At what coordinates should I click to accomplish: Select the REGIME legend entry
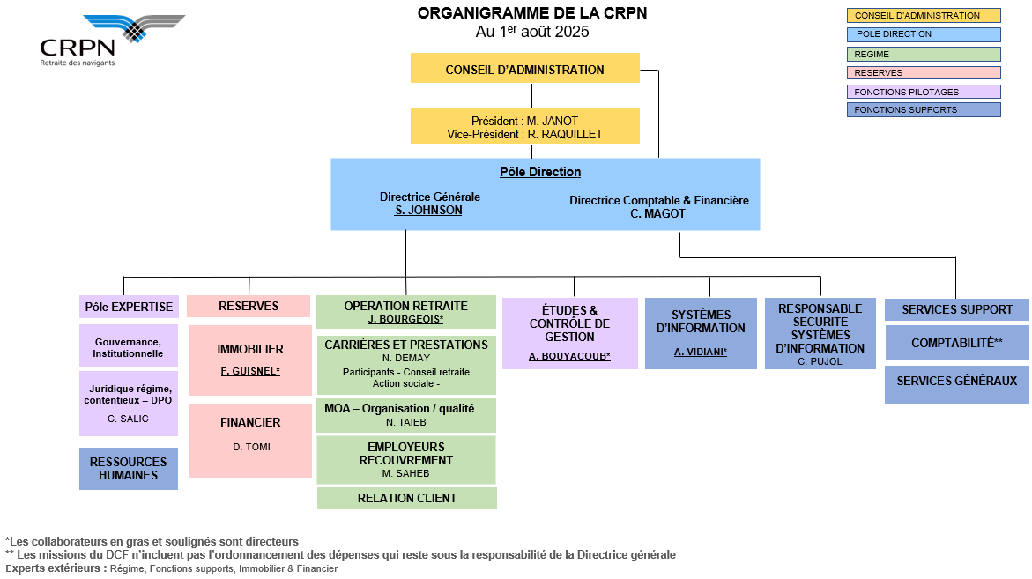[x=924, y=54]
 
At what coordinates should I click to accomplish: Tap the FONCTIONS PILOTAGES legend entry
[x=924, y=92]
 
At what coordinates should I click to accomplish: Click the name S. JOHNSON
[x=428, y=211]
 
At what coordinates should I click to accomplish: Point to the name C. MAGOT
[x=657, y=214]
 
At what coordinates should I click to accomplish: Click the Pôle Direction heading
[x=540, y=173]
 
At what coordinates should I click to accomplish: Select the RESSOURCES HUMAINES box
[x=129, y=469]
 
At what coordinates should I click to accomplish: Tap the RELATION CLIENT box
[x=407, y=498]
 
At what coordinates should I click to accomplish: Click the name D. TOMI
[x=251, y=447]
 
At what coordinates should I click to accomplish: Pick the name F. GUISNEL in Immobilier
[x=250, y=371]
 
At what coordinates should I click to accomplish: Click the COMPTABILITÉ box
[x=956, y=343]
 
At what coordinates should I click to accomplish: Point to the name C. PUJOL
[x=820, y=361]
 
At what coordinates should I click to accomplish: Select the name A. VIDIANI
[x=701, y=352]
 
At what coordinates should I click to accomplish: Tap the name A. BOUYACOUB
[x=569, y=356]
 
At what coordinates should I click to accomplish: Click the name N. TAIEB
[x=406, y=422]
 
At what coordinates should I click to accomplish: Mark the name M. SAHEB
[x=405, y=474]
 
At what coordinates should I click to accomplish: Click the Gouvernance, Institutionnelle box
[x=129, y=346]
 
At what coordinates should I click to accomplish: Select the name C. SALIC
[x=128, y=419]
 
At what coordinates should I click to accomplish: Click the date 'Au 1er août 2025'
[x=531, y=32]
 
